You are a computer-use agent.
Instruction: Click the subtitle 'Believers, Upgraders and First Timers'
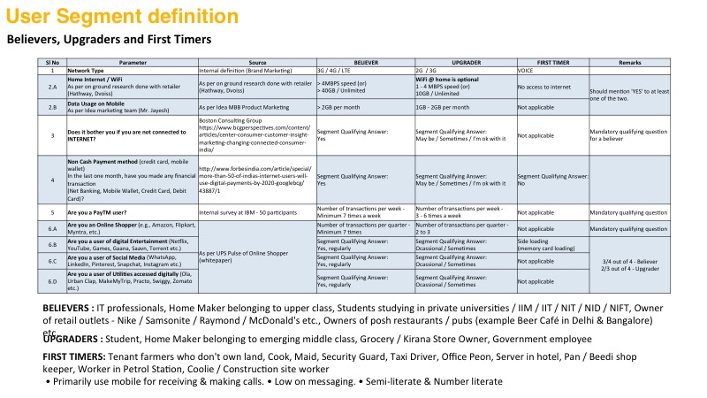click(x=109, y=40)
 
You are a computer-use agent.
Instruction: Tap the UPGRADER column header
click(x=465, y=63)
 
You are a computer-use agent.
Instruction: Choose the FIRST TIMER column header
click(x=552, y=63)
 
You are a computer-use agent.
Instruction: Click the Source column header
click(x=256, y=63)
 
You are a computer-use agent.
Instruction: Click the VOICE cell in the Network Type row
click(x=526, y=69)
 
